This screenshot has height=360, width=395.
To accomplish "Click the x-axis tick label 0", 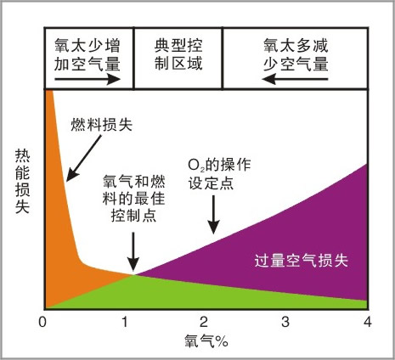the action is coord(42,322).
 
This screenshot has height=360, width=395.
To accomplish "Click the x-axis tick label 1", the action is coord(125,322).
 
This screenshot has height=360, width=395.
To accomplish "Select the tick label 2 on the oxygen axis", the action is coord(204,322).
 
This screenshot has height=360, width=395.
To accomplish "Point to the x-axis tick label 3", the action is coord(285,322).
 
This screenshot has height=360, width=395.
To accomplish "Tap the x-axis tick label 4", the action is coord(367,322).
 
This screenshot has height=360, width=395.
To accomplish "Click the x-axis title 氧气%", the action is coord(206,340).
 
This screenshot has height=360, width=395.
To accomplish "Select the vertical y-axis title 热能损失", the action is coord(22,182).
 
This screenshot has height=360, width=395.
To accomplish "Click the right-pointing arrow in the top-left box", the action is coord(87,79).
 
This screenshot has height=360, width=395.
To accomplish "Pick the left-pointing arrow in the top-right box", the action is coord(295,79).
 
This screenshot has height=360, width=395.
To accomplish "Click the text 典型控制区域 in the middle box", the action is coord(178,54).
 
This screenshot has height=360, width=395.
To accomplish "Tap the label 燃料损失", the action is coord(102,125).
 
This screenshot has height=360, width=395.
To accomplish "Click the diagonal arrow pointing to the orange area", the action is coord(83,158).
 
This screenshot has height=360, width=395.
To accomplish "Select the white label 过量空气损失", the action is coord(302,261).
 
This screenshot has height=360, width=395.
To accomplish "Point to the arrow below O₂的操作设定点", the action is coord(213,215).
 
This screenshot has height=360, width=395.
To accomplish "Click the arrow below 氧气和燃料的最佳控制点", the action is coord(133,251).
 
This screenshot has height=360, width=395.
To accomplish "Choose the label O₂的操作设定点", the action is coord(219,174).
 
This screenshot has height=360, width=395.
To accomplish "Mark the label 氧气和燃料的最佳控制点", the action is coord(133,199).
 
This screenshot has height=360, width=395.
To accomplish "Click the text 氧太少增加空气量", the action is coord(87,54).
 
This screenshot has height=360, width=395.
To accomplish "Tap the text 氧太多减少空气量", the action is coord(296,54).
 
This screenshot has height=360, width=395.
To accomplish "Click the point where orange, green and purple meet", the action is coord(133,274).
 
